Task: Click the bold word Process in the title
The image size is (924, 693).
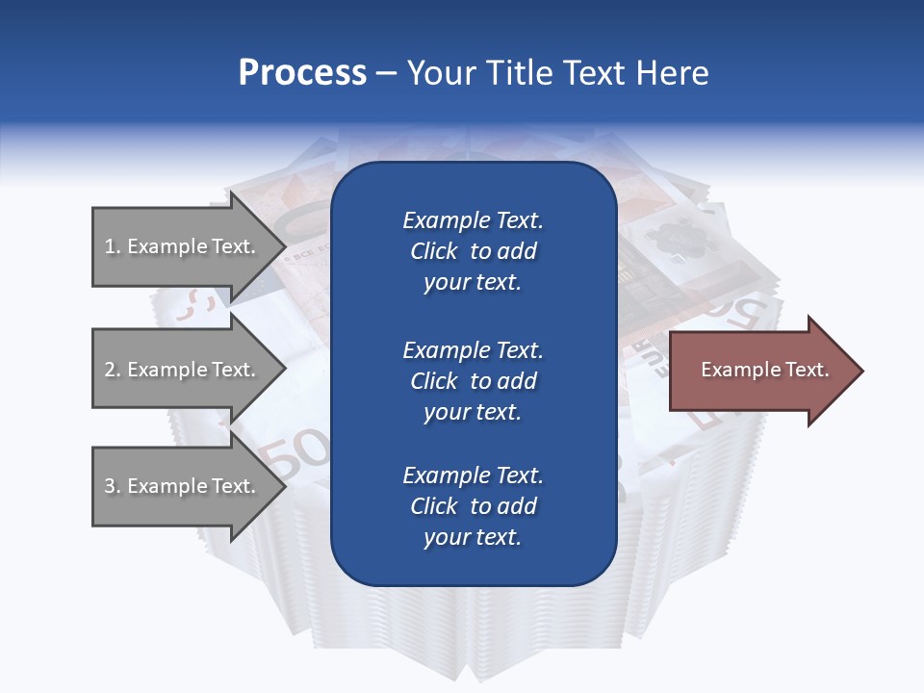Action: pos(302,73)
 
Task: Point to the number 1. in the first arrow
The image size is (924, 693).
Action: pos(112,246)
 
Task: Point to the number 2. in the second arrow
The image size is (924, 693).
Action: pos(112,370)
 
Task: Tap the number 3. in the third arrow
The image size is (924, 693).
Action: pos(112,486)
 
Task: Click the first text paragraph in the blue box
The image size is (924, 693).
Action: pos(473,251)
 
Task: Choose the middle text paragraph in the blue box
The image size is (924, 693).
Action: pos(473,381)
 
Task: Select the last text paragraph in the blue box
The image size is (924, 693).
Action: pos(473,506)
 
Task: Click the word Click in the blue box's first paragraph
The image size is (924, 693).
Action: pos(433,251)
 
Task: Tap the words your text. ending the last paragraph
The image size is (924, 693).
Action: pos(473,537)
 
